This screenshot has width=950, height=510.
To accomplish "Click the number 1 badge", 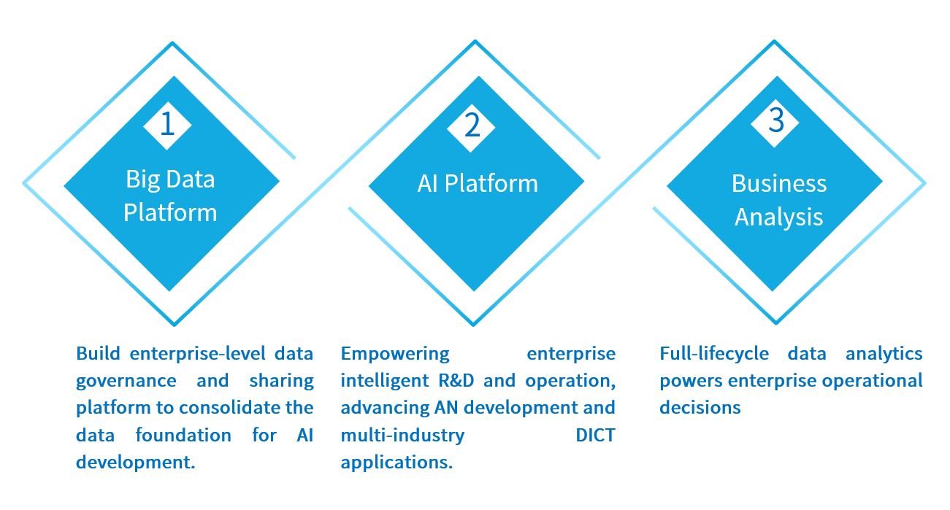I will [167, 124].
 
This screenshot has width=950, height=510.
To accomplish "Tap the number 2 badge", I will [472, 125].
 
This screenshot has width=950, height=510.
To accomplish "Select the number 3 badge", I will [776, 121].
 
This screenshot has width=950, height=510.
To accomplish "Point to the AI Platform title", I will [478, 183].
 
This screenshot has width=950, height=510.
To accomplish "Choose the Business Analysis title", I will [779, 199].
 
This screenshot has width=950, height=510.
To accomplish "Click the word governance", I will [126, 381].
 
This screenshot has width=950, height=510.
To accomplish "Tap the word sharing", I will [281, 381].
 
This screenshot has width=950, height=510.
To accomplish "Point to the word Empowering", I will [395, 354].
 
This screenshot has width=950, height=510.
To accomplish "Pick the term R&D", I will [458, 381].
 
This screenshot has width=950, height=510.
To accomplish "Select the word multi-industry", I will [402, 436].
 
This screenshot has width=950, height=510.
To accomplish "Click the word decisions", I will [700, 408].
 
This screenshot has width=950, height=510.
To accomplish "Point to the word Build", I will [99, 354].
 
